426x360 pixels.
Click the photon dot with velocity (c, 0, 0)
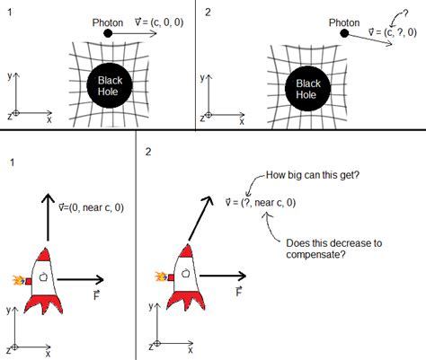(109, 33)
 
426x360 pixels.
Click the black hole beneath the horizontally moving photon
(115, 87)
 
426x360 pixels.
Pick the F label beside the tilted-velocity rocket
(238, 292)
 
